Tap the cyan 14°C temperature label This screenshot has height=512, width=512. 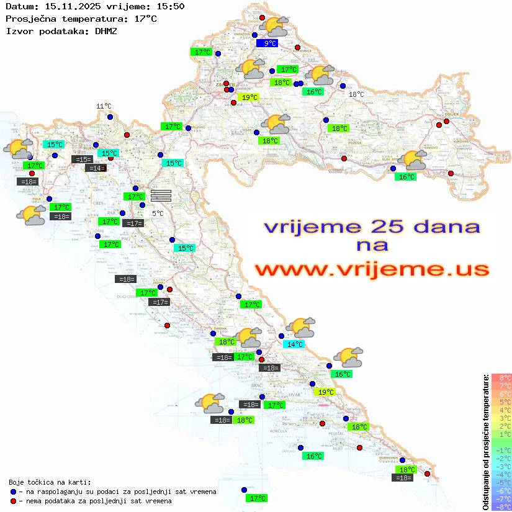pyautogui.click(x=294, y=344)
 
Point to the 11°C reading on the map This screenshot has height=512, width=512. pyautogui.click(x=104, y=106)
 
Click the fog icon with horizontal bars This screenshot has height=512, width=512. pyautogui.click(x=161, y=195)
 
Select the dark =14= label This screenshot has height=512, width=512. pyautogui.click(x=96, y=168)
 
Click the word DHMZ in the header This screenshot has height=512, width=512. pyautogui.click(x=106, y=30)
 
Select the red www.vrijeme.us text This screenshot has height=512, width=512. pyautogui.click(x=372, y=269)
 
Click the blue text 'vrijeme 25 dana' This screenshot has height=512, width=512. pyautogui.click(x=372, y=227)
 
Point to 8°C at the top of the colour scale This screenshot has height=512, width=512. pyautogui.click(x=501, y=378)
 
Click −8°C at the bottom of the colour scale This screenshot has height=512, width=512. pyautogui.click(x=501, y=506)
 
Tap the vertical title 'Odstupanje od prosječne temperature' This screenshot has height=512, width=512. pyautogui.click(x=486, y=442)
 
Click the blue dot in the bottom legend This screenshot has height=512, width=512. pyautogui.click(x=13, y=492)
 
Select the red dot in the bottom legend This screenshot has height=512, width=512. pyautogui.click(x=13, y=501)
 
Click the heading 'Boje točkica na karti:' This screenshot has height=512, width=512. pyautogui.click(x=50, y=482)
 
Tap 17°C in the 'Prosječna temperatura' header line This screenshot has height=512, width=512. pyautogui.click(x=146, y=19)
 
